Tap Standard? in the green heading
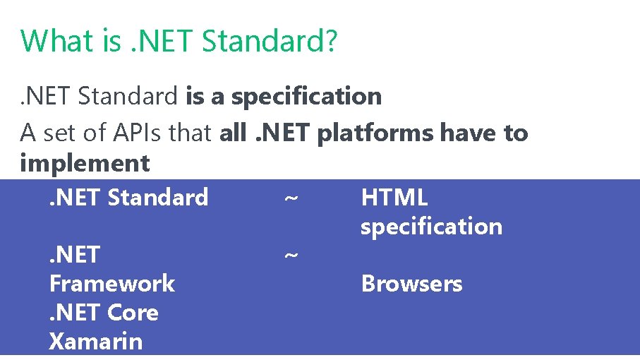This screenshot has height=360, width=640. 269,41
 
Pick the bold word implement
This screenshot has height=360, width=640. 85,163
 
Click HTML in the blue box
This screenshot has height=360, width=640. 394,197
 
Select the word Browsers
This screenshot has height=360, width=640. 411,284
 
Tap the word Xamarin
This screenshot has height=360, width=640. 96,342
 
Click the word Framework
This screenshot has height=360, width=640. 111,284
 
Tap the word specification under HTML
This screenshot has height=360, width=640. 431,227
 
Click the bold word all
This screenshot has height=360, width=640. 232,132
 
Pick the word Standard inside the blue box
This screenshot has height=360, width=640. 158,197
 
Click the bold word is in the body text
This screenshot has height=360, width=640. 195,96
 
